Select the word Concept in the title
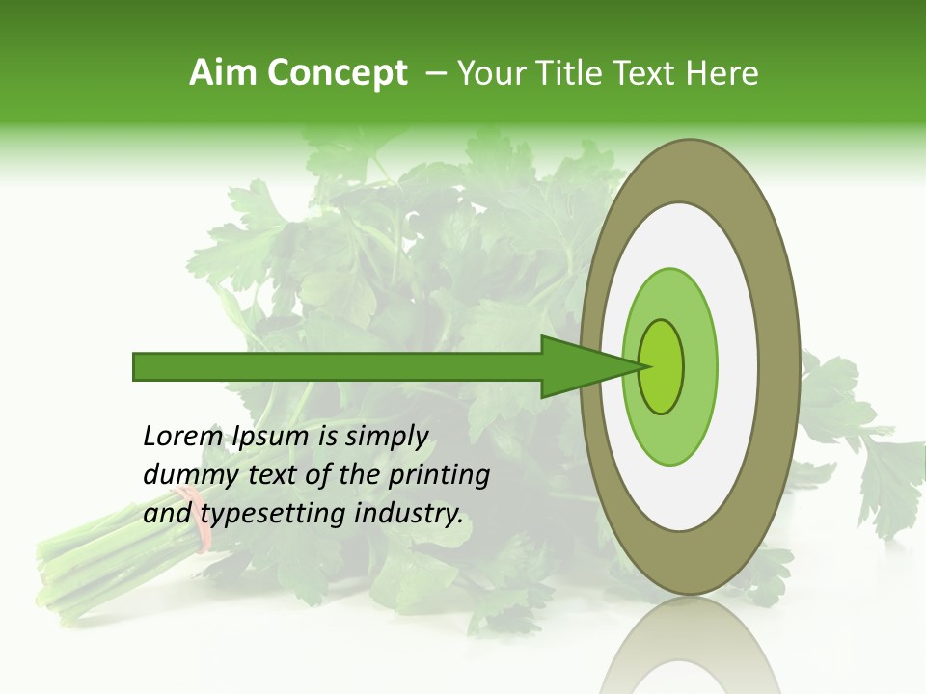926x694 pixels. pyautogui.click(x=338, y=74)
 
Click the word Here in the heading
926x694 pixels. pyautogui.click(x=722, y=73)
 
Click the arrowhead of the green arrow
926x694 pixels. pyautogui.click(x=588, y=367)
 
